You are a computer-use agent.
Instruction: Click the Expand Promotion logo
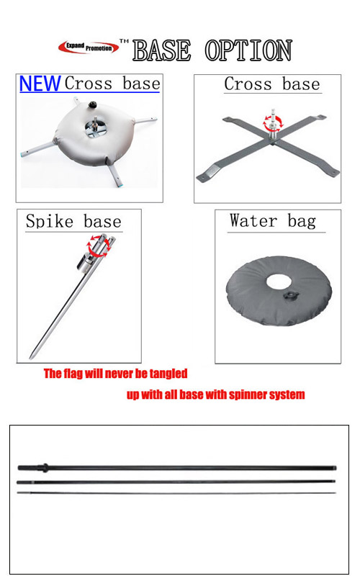pyautogui.click(x=89, y=47)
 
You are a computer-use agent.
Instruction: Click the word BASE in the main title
pyautogui.click(x=161, y=50)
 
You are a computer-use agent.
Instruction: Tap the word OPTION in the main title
pyautogui.click(x=248, y=50)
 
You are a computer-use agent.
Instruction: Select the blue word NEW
pyautogui.click(x=40, y=84)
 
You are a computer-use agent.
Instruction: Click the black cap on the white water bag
pyautogui.click(x=92, y=106)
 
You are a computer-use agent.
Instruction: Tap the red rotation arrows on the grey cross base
pyautogui.click(x=274, y=122)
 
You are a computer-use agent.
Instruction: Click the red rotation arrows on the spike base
pyautogui.click(x=99, y=246)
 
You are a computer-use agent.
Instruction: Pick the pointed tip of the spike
pyautogui.click(x=31, y=357)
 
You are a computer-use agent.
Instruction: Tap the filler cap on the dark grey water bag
pyautogui.click(x=290, y=296)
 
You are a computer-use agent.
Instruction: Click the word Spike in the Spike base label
pyautogui.click(x=50, y=222)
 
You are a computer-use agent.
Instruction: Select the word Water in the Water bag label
pyautogui.click(x=253, y=221)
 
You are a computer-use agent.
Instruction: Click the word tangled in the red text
pyautogui.click(x=168, y=374)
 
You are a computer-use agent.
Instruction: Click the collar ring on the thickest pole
pyautogui.click(x=45, y=467)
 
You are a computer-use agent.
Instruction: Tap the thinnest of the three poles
pyautogui.click(x=176, y=493)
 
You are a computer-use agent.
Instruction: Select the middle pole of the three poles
pyautogui.click(x=176, y=482)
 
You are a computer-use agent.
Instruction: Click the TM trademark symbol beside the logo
pyautogui.click(x=124, y=41)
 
